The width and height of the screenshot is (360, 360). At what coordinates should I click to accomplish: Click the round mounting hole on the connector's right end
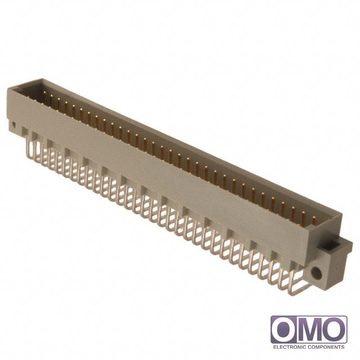(316, 273)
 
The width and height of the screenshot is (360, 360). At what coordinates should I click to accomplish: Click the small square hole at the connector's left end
(13, 125)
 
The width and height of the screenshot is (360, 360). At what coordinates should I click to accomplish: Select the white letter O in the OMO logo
(284, 330)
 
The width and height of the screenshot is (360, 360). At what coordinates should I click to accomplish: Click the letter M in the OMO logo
(309, 330)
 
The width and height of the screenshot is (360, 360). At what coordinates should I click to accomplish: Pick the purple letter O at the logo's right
(334, 330)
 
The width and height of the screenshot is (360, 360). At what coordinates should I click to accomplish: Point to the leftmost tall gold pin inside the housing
(44, 96)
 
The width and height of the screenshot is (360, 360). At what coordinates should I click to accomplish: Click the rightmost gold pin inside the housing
(314, 220)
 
